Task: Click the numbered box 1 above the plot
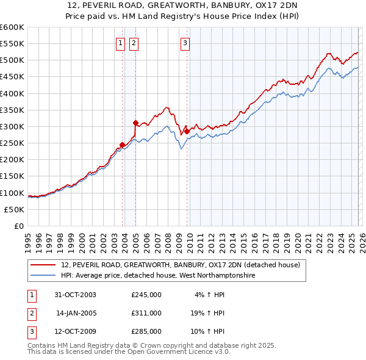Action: tap(120, 43)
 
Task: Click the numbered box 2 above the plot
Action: tap(133, 43)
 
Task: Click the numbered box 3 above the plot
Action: tap(184, 43)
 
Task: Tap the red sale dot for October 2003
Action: tap(123, 145)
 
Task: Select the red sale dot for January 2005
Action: tap(135, 123)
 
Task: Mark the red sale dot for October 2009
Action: tap(187, 131)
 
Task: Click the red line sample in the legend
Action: tap(44, 265)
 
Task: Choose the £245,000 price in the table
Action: tap(146, 295)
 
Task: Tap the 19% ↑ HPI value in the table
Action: tap(206, 313)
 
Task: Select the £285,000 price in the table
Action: tap(146, 331)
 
